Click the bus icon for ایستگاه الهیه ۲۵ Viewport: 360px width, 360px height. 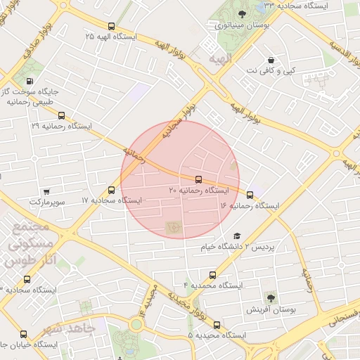pos(112,26)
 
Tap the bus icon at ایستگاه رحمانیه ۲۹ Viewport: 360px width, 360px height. pos(61,116)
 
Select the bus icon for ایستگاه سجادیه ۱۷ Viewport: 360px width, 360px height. pos(112,190)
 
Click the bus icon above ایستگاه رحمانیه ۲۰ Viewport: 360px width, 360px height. pos(198,179)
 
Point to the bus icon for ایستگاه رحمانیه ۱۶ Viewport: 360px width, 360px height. pos(250,195)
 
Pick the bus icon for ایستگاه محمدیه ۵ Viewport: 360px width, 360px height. pos(217,326)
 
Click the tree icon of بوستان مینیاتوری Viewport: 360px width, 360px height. pos(243,13)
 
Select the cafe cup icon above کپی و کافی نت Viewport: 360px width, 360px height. pos(271,60)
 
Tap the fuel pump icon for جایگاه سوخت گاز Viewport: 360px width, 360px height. pos(30,81)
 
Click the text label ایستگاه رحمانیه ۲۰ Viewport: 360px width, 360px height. pos(199,191)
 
